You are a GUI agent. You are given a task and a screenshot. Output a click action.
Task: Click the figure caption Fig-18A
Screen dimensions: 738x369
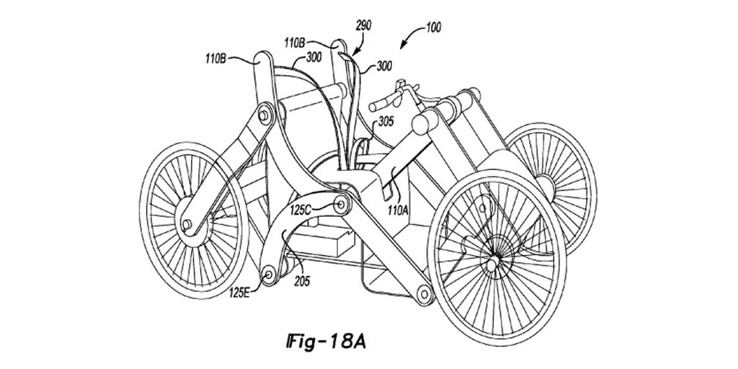pos(326,342)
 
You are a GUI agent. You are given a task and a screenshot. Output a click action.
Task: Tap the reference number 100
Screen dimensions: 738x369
pos(433,28)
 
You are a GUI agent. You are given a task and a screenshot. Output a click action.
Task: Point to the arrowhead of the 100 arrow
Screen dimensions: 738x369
pos(402,45)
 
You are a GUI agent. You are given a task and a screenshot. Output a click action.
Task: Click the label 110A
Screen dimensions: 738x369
pos(397,210)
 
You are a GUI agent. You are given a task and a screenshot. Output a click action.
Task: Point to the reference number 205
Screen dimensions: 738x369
pos(302,282)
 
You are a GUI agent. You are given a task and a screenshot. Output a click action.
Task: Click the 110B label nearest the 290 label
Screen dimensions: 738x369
pos(295,43)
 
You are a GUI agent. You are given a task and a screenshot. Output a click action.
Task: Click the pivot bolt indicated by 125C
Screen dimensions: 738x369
pos(340,204)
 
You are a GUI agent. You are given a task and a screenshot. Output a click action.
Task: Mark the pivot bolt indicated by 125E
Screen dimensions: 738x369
pos(269,273)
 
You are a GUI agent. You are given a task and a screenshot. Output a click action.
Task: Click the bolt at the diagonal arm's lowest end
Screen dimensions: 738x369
pos(424,294)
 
